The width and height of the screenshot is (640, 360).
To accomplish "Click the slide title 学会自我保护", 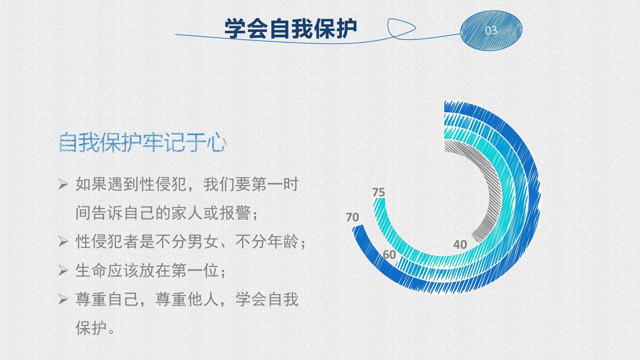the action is [x=291, y=29].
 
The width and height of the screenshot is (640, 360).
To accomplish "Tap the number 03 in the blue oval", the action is [x=491, y=30].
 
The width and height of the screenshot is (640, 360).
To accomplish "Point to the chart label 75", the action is [x=379, y=192].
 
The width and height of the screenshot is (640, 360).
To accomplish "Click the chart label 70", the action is [x=352, y=217].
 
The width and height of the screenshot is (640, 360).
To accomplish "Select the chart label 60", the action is [x=389, y=255].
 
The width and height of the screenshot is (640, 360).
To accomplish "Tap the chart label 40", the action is [x=460, y=245].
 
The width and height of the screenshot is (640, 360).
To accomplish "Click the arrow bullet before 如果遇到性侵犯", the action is [x=63, y=184].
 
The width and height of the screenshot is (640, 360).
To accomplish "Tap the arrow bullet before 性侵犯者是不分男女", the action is [x=63, y=241].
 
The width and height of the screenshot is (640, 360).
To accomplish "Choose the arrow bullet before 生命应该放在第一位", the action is [x=63, y=270].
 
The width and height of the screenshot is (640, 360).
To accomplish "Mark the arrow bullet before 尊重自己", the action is [x=63, y=299].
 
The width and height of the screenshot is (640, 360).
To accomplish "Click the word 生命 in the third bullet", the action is [x=91, y=270].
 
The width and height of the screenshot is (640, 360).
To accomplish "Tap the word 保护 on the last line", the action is [x=91, y=328].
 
